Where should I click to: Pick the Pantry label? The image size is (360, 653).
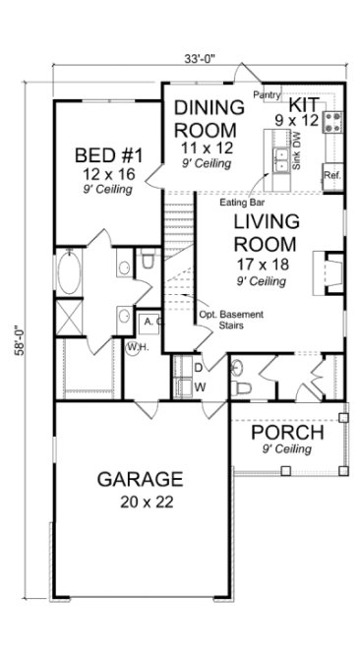(x=268, y=94)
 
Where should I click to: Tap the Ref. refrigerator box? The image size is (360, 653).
(x=331, y=175)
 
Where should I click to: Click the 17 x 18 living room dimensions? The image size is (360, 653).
(x=261, y=264)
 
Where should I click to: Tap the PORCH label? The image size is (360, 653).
(x=287, y=433)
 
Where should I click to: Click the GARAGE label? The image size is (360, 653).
(x=140, y=480)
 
